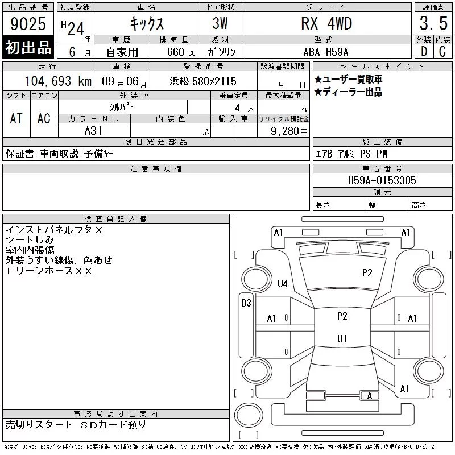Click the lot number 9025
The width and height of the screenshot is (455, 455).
coord(28,24)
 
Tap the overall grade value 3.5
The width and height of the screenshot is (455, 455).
coord(433,23)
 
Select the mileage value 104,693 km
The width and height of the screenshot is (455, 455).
coord(58,81)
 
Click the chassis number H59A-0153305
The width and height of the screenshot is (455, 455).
coord(382,180)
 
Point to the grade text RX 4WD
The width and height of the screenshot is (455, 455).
coord(326,23)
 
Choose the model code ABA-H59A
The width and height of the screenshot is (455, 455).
coord(325,52)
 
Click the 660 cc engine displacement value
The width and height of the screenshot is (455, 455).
coord(181,52)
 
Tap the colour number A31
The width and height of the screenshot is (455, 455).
coord(93,131)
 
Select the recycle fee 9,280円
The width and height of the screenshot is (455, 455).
coord(289,131)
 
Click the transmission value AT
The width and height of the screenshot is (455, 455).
coord(16,118)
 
